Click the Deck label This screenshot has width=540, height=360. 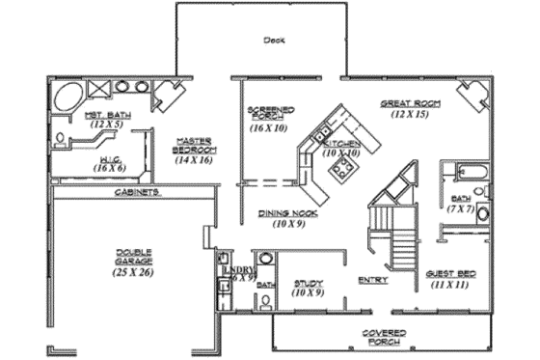pyautogui.click(x=273, y=41)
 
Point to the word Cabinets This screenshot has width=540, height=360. pyautogui.click(x=137, y=192)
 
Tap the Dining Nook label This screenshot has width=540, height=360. pyautogui.click(x=282, y=212)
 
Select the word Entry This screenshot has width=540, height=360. pyautogui.click(x=372, y=280)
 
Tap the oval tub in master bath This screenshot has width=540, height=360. pyautogui.click(x=69, y=97)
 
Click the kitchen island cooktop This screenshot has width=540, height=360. pyautogui.click(x=341, y=171)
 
